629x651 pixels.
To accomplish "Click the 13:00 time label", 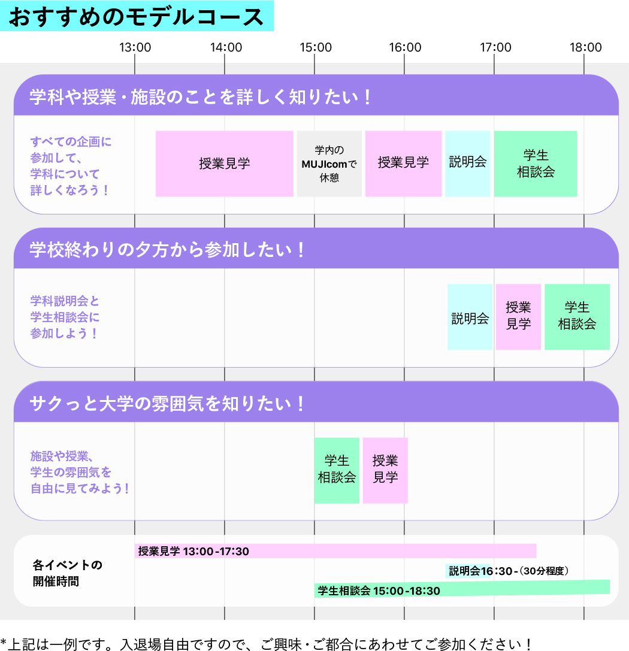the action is [135, 47].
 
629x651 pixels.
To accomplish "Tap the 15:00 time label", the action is [316, 47].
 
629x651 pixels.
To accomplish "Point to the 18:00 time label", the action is [585, 47].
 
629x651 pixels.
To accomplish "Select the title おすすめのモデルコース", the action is [136, 17].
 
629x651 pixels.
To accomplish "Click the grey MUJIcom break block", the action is [329, 163].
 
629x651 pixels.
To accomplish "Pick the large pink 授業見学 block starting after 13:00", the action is [224, 163].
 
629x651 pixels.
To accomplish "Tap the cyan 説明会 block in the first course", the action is [467, 163].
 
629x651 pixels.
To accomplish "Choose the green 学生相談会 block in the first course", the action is [536, 163].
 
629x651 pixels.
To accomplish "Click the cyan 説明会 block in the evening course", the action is [470, 317].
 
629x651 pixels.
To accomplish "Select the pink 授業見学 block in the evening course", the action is [518, 317].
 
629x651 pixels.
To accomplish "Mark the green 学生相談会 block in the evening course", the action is [577, 317].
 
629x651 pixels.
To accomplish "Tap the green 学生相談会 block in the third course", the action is [337, 470].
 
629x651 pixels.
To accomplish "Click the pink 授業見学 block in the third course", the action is [385, 470].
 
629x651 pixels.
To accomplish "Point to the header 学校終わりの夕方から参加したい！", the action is [167, 250].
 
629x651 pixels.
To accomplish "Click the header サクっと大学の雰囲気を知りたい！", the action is [167, 403].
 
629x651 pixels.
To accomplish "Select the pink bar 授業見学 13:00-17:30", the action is [335, 551].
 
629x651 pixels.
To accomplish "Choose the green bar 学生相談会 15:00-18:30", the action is [462, 589].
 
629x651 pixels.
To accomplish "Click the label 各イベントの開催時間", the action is [67, 573].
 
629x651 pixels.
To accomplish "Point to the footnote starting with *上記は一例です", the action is [266, 644].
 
